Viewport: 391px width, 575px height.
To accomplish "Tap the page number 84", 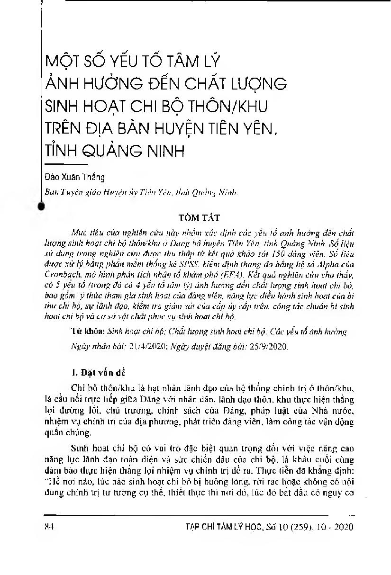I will (x=47, y=527).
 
